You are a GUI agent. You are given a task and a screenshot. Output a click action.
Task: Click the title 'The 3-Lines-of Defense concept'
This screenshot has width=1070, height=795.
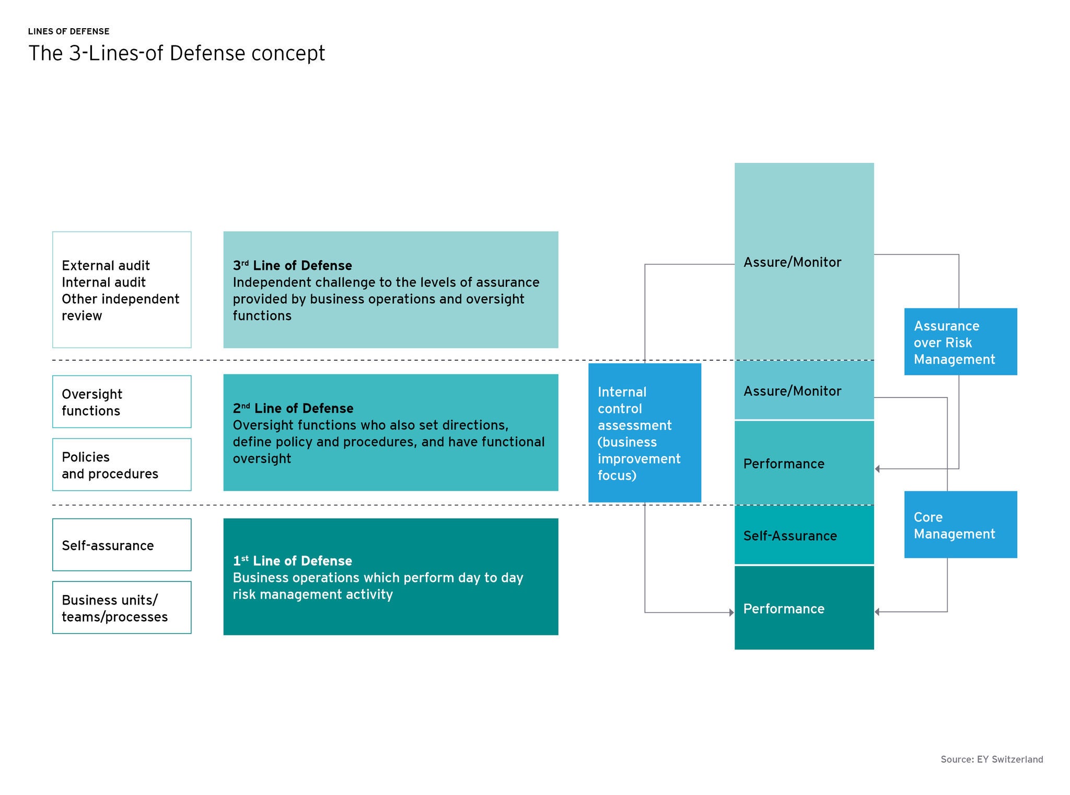pos(177,53)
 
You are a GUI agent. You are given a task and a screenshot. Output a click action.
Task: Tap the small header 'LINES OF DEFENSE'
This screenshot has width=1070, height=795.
pos(68,31)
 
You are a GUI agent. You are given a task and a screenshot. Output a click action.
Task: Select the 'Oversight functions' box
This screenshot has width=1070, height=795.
pos(122,402)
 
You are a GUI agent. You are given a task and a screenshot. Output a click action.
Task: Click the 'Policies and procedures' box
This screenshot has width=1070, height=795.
pos(122,465)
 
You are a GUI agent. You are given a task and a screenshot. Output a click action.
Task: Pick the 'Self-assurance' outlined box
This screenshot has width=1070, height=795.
pos(122,544)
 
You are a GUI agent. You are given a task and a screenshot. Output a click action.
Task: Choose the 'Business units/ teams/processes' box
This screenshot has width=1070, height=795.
pos(122,608)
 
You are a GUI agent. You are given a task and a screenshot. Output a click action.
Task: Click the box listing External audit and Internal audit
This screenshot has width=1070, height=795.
pos(122,290)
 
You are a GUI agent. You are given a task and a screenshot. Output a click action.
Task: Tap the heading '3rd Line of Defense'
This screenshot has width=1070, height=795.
pos(292,265)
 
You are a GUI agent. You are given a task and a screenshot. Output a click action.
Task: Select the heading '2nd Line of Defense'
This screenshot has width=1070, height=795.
pos(293,408)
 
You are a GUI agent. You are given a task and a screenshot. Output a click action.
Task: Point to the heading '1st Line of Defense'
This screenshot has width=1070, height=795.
pos(292,561)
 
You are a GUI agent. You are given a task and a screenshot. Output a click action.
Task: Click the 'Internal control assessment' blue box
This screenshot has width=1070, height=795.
pos(644,433)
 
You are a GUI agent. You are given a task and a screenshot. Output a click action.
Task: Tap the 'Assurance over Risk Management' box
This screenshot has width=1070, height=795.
pos(960,342)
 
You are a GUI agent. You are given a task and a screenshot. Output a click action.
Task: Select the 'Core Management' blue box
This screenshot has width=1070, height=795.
pos(960,525)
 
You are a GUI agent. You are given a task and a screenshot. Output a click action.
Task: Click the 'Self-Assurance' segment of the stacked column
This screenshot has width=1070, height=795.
pos(804,535)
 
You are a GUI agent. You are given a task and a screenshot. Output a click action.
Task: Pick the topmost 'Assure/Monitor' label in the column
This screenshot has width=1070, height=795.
pos(792,262)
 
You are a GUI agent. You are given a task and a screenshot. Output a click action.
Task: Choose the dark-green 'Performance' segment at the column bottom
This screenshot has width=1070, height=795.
pos(804,608)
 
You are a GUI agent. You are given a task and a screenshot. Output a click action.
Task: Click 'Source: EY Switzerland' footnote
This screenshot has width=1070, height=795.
pos(991,760)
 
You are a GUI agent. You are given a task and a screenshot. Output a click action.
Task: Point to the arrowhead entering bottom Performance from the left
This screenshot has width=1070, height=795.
pos(731,612)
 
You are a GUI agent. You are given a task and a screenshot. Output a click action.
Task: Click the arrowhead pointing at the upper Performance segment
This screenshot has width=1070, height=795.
pos(878,469)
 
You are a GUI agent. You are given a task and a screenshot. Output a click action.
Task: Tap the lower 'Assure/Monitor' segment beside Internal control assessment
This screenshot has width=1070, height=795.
pos(804,391)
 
